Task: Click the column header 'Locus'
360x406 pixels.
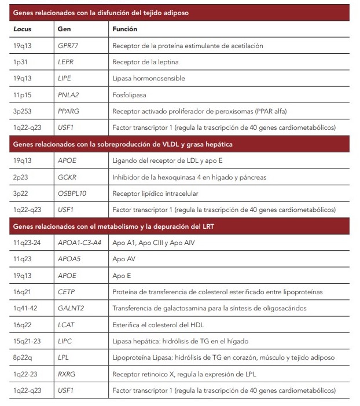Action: pyautogui.click(x=22, y=28)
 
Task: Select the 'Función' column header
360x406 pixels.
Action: pyautogui.click(x=125, y=28)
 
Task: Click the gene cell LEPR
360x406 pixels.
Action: pyautogui.click(x=65, y=61)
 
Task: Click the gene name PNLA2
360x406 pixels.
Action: pyautogui.click(x=68, y=94)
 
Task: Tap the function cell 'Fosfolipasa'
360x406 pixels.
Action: pyautogui.click(x=128, y=94)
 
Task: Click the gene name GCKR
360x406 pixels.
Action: pyautogui.click(x=67, y=177)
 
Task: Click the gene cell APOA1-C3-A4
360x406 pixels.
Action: pyautogui.click(x=79, y=243)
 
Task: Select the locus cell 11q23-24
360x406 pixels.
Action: pyautogui.click(x=27, y=243)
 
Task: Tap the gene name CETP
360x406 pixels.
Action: pyautogui.click(x=66, y=291)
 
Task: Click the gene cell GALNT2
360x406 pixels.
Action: pyautogui.click(x=70, y=308)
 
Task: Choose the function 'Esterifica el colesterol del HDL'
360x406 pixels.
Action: pyautogui.click(x=159, y=324)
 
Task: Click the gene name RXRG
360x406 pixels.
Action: pyautogui.click(x=67, y=374)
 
